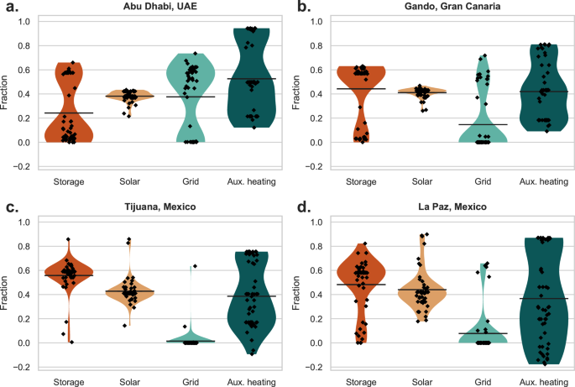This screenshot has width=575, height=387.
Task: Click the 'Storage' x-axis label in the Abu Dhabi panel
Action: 68,180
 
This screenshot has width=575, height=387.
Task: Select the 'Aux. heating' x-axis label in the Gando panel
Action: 528,180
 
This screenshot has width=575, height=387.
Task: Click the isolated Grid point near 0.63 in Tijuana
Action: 194,266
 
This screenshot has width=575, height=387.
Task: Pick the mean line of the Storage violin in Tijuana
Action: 68,275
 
